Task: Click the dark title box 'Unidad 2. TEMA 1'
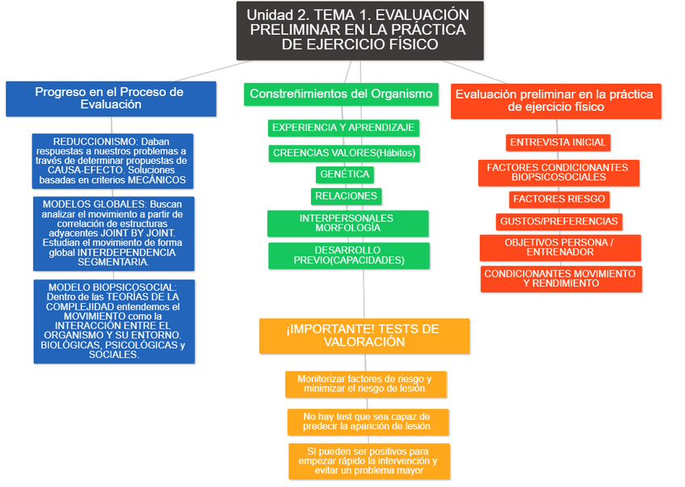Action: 359,30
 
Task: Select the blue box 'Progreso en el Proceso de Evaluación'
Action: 111,98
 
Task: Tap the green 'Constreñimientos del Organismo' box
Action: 341,94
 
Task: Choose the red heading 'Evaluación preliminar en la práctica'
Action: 555,100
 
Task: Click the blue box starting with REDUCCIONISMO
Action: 113,161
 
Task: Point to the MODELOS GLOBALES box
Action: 113,233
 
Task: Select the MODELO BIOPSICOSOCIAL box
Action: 113,321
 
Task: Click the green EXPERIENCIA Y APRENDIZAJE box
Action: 343,128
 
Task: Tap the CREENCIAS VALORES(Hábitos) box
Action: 346,153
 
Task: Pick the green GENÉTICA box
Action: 345,174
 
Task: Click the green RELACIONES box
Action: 346,196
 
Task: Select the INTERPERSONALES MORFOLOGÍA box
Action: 347,224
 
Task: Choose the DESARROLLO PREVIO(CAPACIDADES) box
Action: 348,255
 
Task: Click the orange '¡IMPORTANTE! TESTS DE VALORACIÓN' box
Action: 364,336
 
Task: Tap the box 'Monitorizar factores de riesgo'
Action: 365,384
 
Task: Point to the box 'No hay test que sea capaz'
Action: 368,422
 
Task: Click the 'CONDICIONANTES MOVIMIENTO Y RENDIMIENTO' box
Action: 561,279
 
